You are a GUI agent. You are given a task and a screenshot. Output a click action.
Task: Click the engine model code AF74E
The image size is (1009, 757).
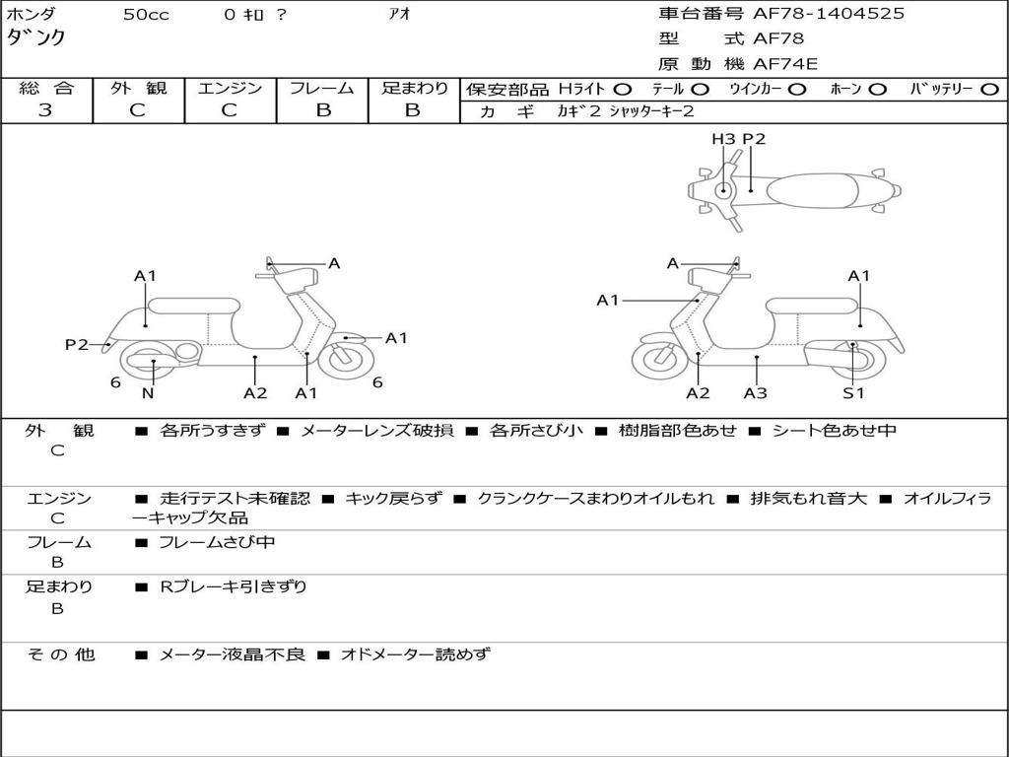[785, 65]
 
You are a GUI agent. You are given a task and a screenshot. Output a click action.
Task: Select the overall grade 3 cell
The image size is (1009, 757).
[45, 110]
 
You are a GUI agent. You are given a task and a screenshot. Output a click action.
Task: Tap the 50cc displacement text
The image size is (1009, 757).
[146, 15]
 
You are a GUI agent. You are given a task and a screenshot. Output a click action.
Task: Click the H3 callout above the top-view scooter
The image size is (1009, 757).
[723, 139]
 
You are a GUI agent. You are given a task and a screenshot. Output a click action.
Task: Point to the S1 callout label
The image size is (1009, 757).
[852, 393]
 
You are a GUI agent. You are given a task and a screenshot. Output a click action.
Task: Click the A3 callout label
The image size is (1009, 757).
[756, 393]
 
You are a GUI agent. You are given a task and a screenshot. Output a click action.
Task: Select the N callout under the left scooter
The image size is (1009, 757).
[148, 393]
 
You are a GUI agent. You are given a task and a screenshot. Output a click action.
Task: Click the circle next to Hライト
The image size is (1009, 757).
[623, 89]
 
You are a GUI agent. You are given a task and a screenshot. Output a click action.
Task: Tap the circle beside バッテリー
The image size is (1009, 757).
[990, 89]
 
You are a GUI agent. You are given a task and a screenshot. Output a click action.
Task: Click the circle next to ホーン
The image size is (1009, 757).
[877, 89]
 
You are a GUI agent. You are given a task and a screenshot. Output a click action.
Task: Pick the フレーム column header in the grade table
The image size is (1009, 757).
[322, 88]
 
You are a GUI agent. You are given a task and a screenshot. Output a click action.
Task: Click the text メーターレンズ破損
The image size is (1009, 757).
[376, 431]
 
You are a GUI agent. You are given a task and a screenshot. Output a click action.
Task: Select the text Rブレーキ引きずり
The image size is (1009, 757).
[234, 587]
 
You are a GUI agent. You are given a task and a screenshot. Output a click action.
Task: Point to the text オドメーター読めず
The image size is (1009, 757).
[415, 654]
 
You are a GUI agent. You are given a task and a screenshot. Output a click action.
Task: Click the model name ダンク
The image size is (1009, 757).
[37, 37]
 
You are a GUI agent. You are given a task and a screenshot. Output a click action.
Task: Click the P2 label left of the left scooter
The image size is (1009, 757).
[77, 344]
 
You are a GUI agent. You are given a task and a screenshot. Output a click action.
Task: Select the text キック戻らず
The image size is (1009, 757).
[393, 499]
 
